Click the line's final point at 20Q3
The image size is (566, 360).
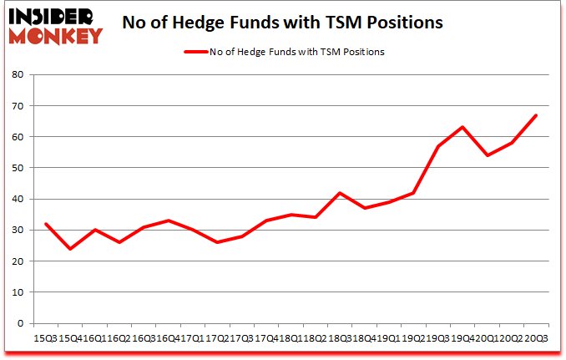click(x=535, y=115)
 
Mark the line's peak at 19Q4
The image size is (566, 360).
click(x=462, y=127)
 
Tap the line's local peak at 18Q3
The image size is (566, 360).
click(x=339, y=193)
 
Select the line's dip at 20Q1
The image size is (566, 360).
click(x=487, y=155)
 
